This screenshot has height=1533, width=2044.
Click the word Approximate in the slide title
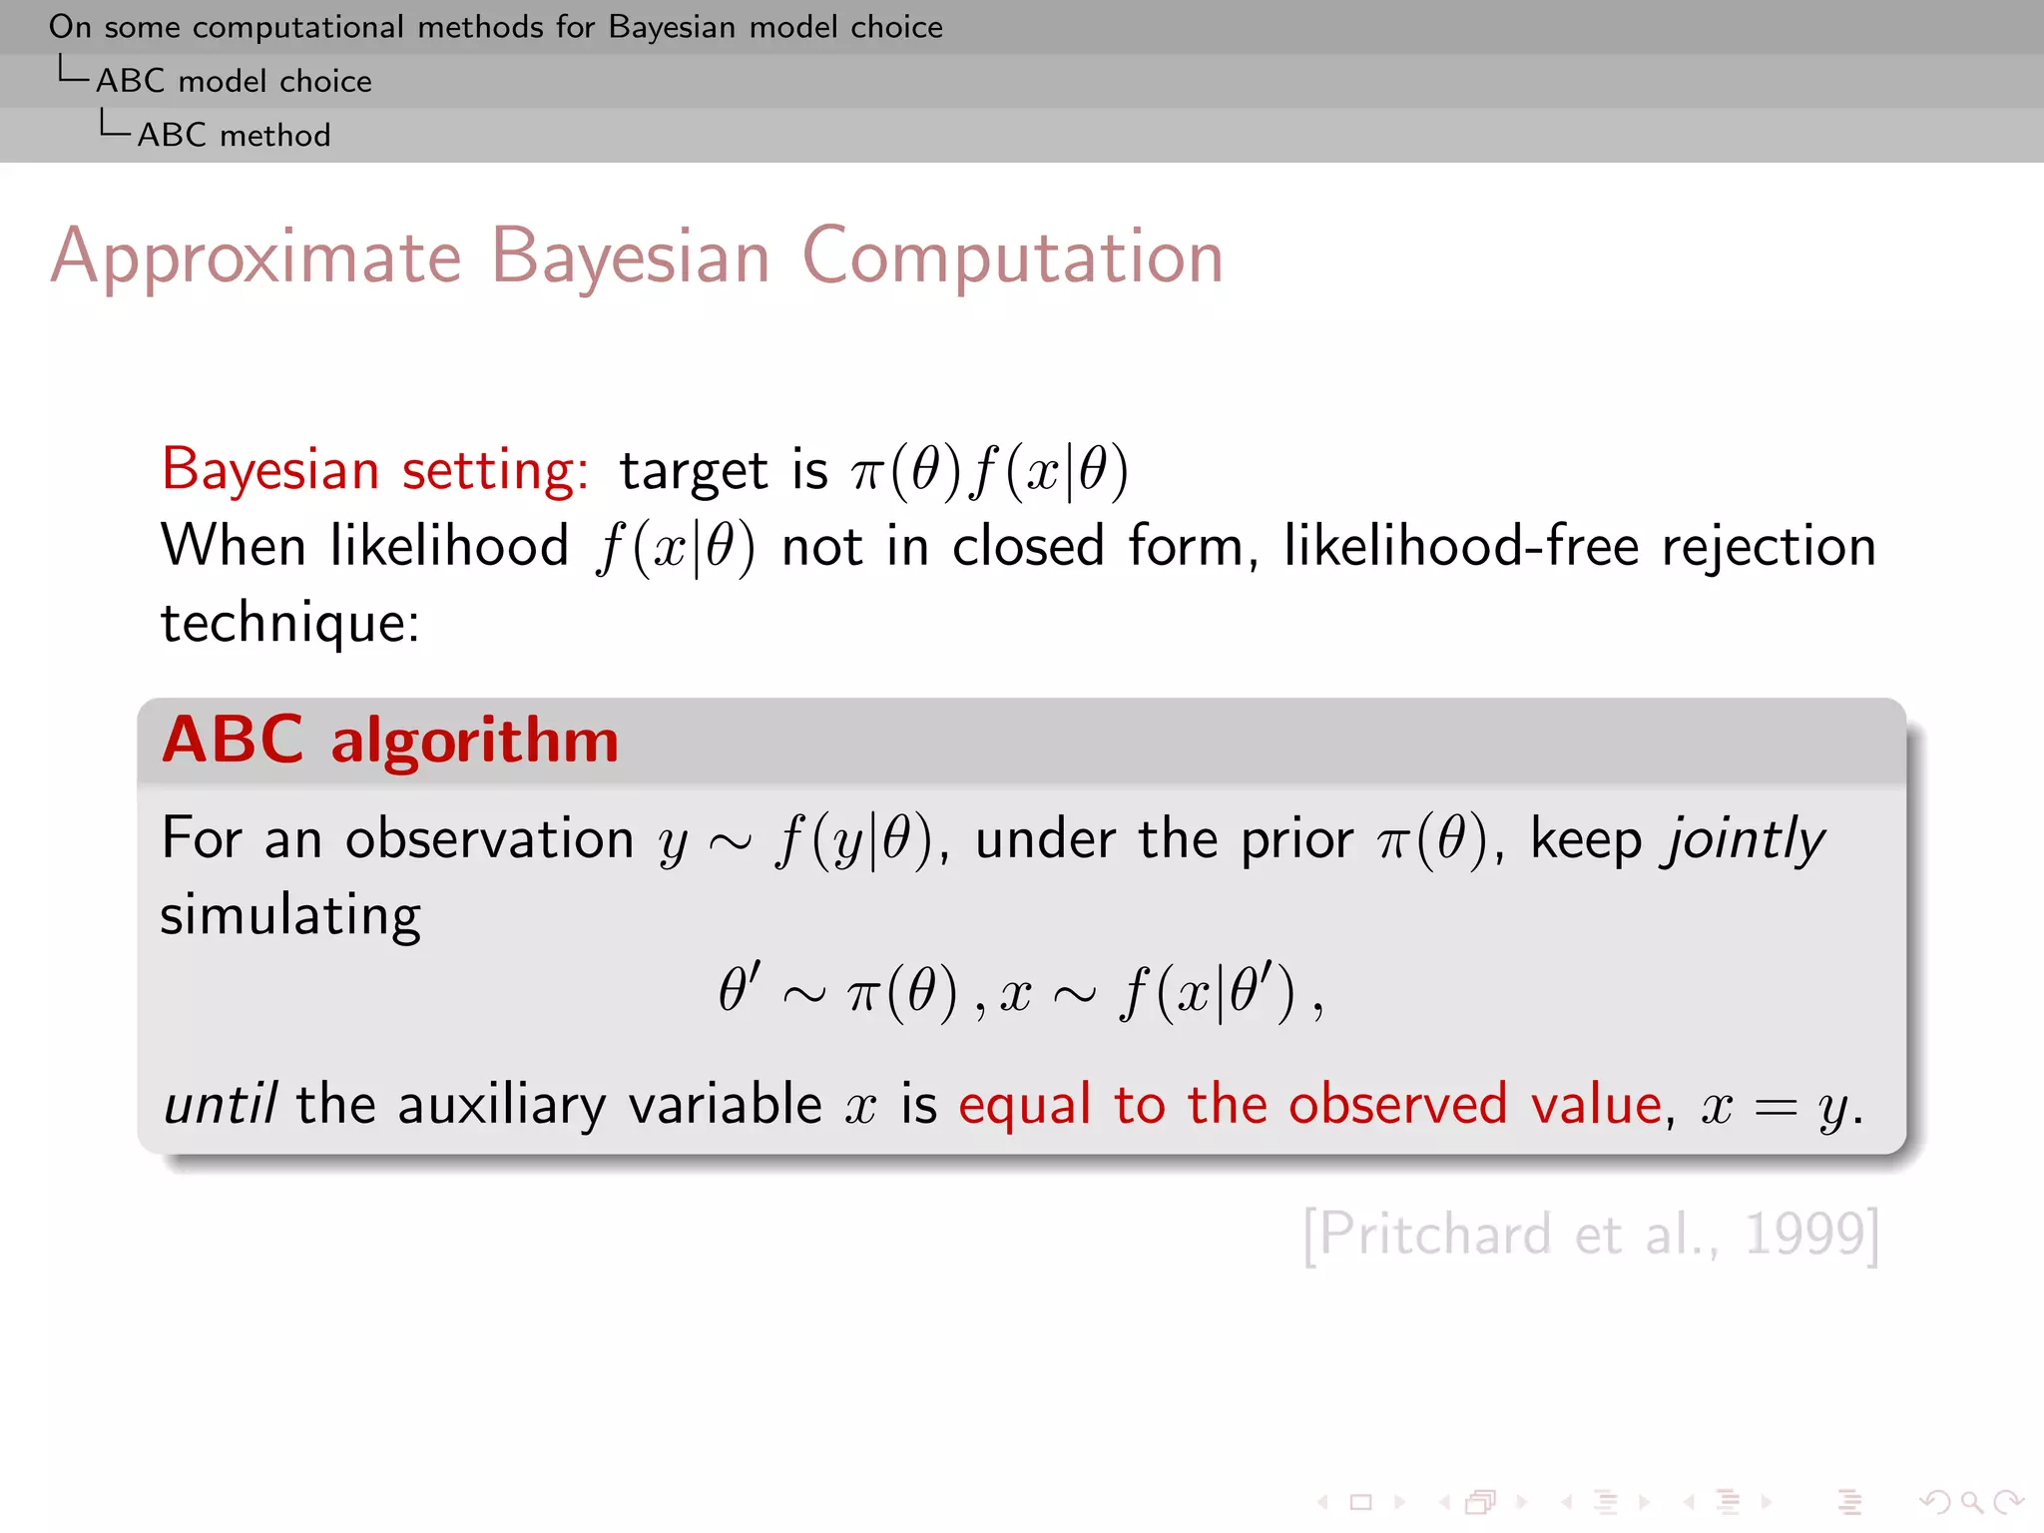click(x=255, y=257)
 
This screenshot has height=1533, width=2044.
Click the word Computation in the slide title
click(x=1012, y=257)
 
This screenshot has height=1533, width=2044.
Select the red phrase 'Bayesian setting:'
click(x=375, y=469)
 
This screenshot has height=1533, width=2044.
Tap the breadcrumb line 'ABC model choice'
click(x=234, y=81)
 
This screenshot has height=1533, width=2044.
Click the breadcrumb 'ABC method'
click(x=234, y=135)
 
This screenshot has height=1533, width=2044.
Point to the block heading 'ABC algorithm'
click(x=390, y=741)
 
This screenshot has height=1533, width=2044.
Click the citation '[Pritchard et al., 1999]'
click(x=1591, y=1235)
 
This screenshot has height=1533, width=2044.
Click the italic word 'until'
click(x=220, y=1105)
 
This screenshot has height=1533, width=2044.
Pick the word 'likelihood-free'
click(x=1461, y=547)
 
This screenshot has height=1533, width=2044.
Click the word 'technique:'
click(x=290, y=624)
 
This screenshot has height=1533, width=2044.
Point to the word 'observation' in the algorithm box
click(x=489, y=838)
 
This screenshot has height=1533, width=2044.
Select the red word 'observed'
click(x=1397, y=1105)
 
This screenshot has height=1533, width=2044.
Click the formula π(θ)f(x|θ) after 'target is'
click(x=989, y=470)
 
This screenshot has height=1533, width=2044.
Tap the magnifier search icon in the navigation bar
click(x=1970, y=1502)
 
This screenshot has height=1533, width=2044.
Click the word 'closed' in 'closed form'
click(x=1028, y=547)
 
